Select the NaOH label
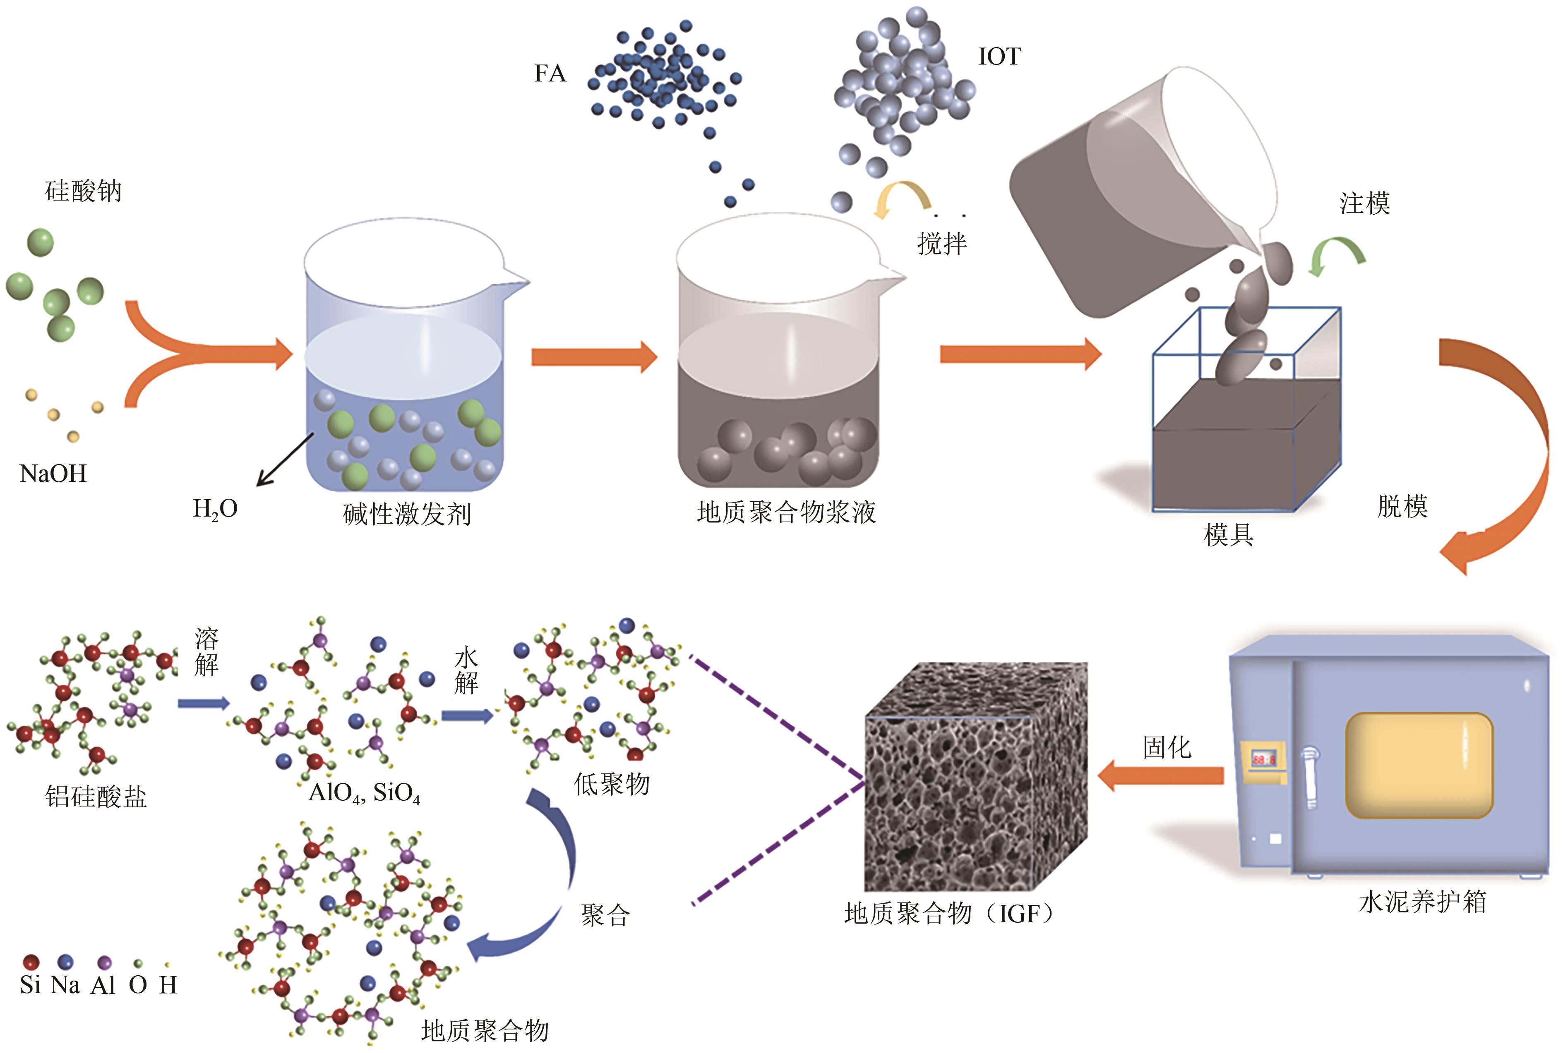pyautogui.click(x=53, y=474)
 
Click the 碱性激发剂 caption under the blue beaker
pyautogui.click(x=406, y=515)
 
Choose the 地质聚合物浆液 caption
pyautogui.click(x=786, y=512)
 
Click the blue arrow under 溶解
pyautogui.click(x=204, y=703)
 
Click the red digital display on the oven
pyautogui.click(x=1263, y=759)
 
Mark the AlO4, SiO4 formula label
pyautogui.click(x=363, y=794)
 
